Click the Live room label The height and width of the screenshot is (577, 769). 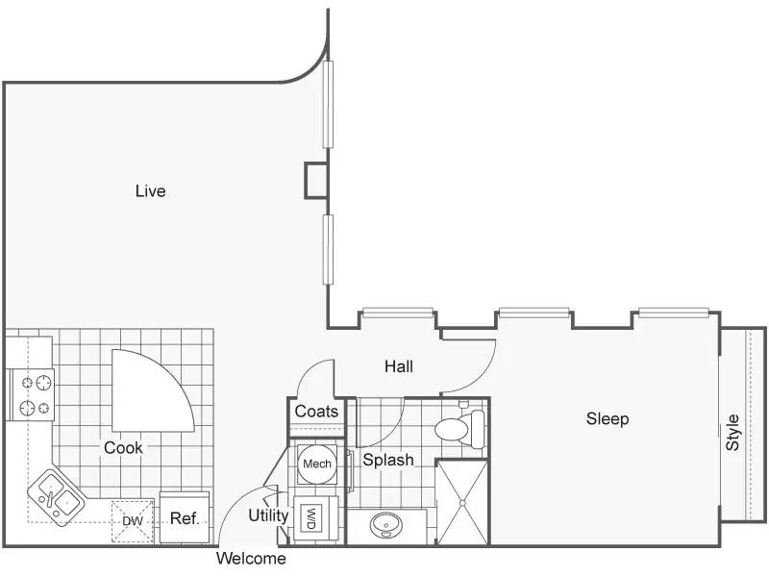[151, 190]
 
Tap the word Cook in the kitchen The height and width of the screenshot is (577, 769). [123, 447]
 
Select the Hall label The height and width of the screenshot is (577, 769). [399, 366]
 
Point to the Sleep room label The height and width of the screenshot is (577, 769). [608, 418]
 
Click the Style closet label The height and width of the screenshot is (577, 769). [732, 432]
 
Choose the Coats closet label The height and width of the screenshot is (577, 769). [316, 412]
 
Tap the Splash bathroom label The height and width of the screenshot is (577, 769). [388, 460]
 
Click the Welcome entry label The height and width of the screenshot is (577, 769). [251, 559]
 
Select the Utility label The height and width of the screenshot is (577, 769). [268, 515]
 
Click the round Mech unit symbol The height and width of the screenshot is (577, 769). [317, 464]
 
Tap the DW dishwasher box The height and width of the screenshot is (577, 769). [133, 521]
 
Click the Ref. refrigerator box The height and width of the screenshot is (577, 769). [185, 518]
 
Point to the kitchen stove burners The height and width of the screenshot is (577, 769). [33, 395]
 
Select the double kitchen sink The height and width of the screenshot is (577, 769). [56, 497]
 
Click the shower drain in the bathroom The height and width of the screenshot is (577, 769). [462, 503]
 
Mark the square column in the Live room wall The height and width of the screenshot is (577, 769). [316, 180]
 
